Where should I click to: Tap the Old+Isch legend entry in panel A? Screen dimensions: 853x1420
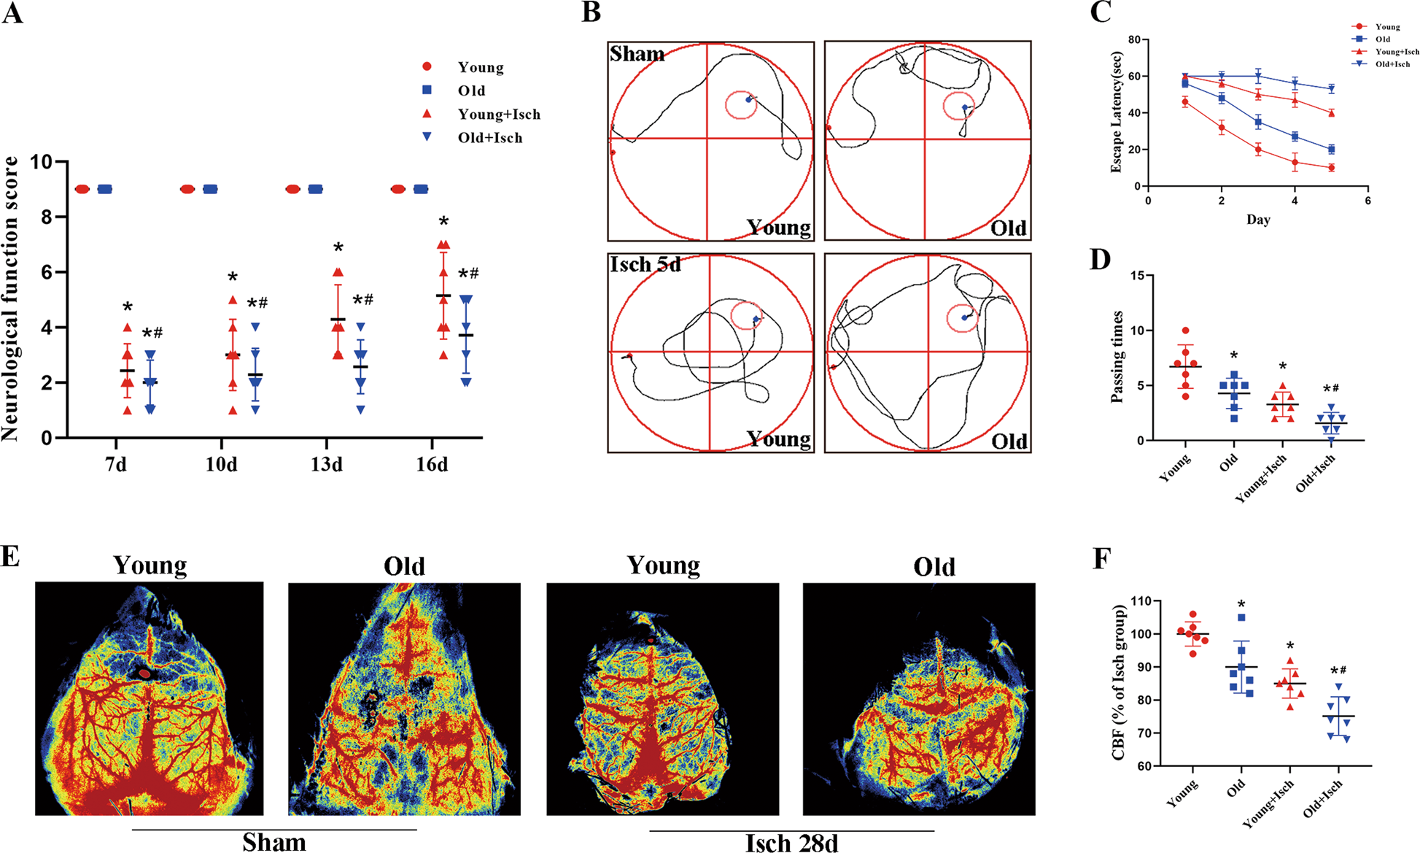(x=489, y=138)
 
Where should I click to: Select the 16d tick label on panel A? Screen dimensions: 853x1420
(x=432, y=465)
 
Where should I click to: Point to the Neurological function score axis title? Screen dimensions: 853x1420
(x=10, y=298)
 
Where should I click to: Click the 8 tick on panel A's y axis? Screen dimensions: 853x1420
(x=46, y=217)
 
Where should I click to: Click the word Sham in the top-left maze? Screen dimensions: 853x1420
(x=637, y=55)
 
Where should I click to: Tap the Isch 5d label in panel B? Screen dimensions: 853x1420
(x=645, y=264)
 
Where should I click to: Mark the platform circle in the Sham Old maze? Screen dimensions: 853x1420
(x=958, y=107)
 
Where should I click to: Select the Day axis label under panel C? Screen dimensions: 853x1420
(x=1258, y=220)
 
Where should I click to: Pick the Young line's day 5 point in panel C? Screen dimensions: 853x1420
(x=1331, y=168)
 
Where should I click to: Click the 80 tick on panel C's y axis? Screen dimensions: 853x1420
(x=1133, y=39)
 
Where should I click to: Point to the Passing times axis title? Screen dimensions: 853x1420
(x=1117, y=357)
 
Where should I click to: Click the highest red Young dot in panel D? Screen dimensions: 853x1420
(x=1186, y=331)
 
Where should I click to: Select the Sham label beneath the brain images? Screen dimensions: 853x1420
(x=273, y=842)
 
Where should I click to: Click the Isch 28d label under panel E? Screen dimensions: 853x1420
(x=791, y=843)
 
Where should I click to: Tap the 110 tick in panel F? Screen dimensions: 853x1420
(x=1141, y=601)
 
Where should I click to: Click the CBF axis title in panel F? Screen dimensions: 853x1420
(x=1119, y=683)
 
